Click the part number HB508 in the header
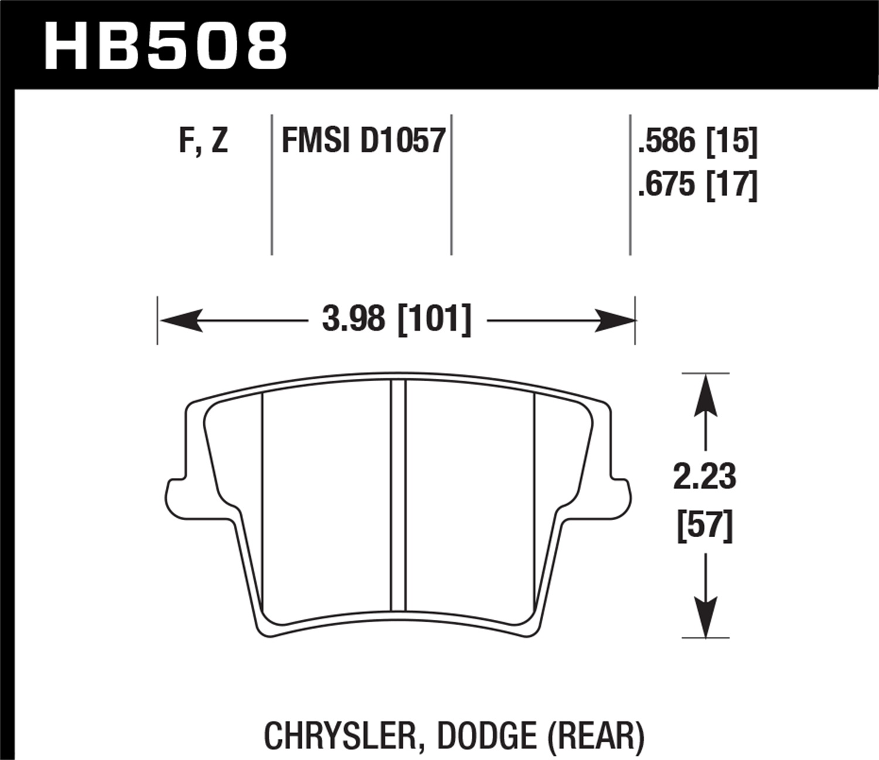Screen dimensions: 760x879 166,46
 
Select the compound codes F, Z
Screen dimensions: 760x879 203,141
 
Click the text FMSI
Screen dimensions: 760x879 315,141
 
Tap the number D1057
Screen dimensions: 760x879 403,141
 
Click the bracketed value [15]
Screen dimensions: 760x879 732,141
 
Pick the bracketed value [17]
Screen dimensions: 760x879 732,185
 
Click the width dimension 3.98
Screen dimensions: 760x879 353,320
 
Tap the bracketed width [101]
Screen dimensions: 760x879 434,320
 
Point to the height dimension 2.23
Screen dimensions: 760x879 704,476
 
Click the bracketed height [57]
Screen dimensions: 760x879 704,525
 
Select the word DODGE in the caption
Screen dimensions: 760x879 486,735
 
